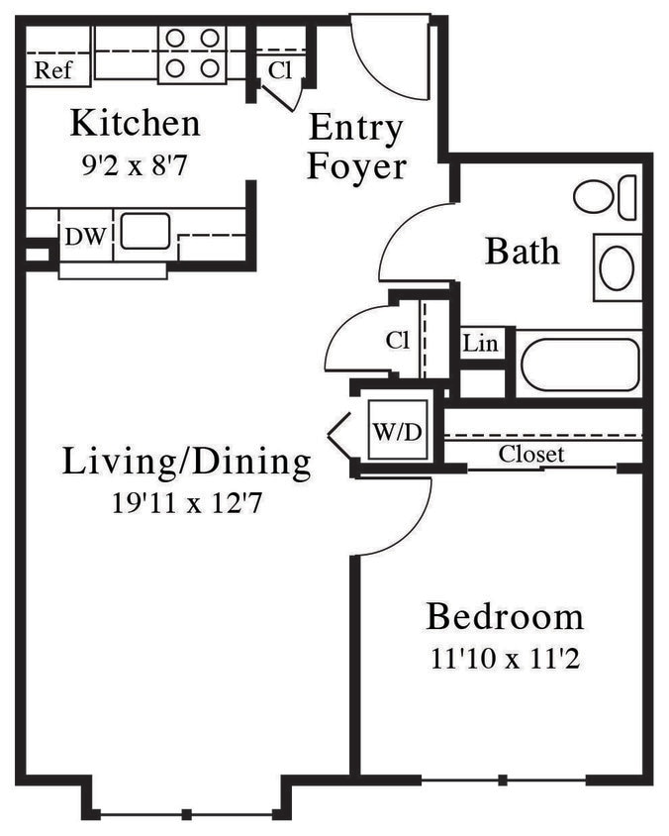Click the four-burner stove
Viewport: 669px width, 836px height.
[x=192, y=52]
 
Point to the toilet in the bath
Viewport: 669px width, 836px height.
[x=605, y=197]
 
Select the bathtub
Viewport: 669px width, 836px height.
[x=580, y=365]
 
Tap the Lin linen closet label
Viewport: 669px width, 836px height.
[x=481, y=344]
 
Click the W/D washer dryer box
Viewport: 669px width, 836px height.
[x=395, y=432]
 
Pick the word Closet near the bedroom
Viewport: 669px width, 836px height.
[x=531, y=455]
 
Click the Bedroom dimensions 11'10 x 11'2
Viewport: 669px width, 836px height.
[x=505, y=658]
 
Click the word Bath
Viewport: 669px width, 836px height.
[x=522, y=252]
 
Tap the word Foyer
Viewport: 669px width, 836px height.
[x=356, y=166]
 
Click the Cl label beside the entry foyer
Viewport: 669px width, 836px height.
[x=280, y=70]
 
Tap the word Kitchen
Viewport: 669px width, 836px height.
[x=135, y=124]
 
